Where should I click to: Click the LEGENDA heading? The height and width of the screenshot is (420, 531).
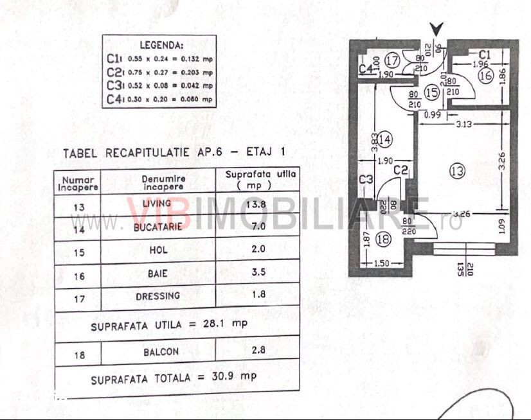pos(160,46)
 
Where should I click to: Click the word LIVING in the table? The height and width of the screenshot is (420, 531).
pos(157,204)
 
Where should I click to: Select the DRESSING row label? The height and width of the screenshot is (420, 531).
pos(157,296)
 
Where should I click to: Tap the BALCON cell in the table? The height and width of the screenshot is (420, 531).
pos(161,351)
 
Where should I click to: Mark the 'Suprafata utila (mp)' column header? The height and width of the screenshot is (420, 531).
pos(260,179)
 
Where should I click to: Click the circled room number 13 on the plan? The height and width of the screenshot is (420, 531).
pos(457,171)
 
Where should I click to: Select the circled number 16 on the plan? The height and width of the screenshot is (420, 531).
pos(485,75)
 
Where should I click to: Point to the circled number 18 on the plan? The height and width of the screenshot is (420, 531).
pos(383,240)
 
